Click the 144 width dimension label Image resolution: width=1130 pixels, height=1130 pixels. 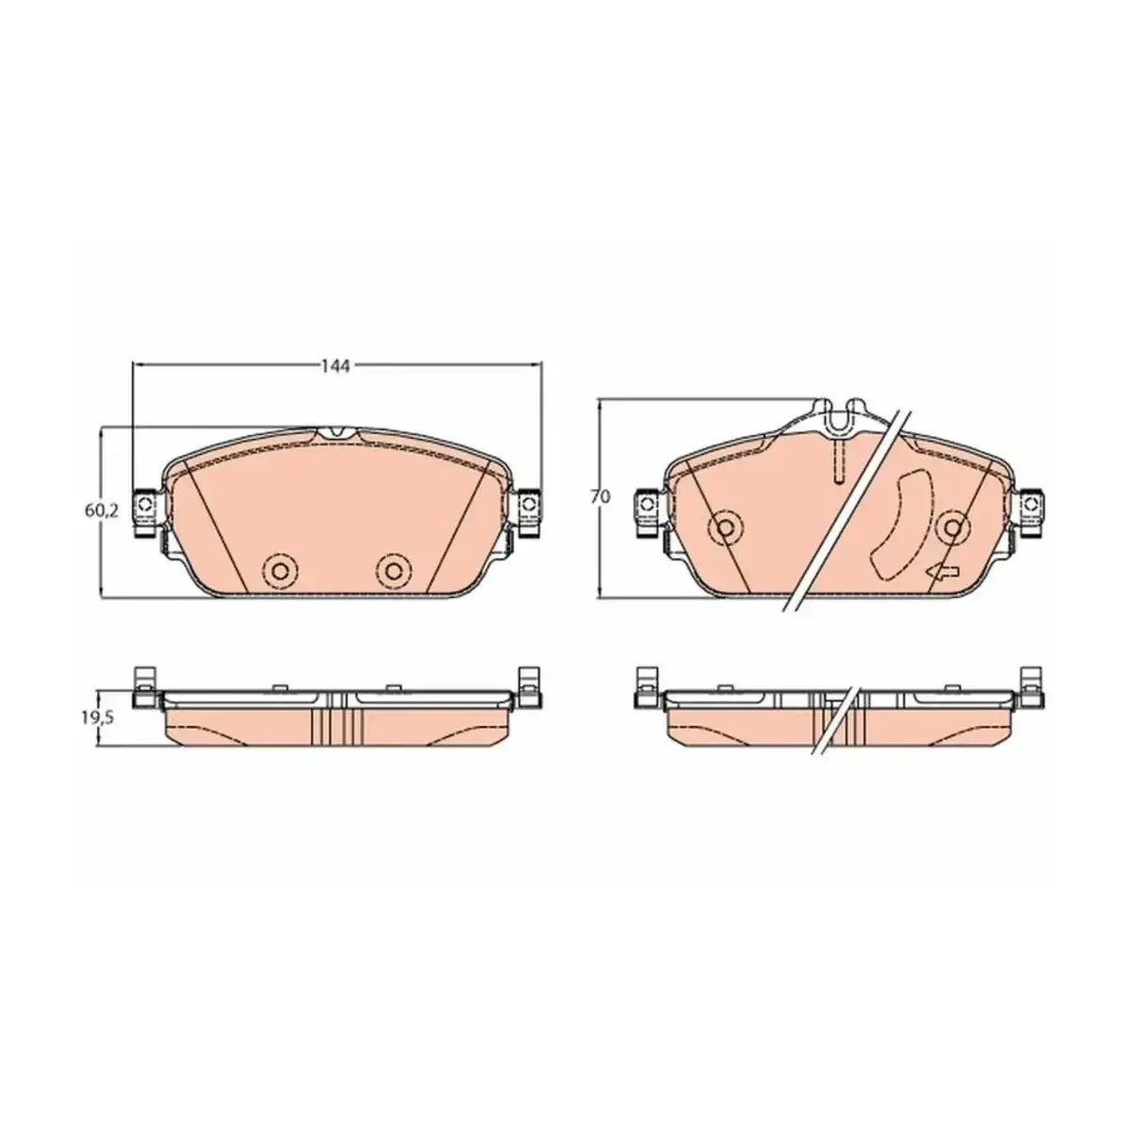(x=335, y=366)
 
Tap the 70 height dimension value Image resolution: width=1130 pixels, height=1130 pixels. (x=601, y=496)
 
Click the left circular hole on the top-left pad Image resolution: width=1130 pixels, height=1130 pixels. (x=280, y=570)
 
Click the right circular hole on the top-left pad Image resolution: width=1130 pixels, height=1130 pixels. (x=394, y=570)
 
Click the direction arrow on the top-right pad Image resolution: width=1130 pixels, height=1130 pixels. (x=942, y=573)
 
